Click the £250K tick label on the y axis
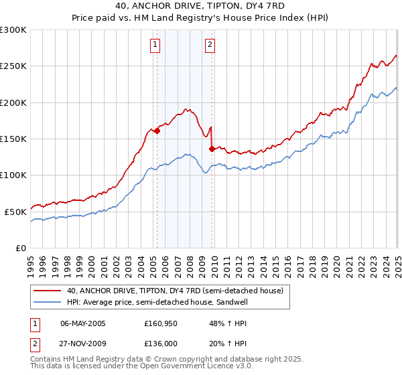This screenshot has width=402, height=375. pos(13,66)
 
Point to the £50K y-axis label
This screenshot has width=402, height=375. pos(15,212)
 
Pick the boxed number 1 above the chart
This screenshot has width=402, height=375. pos(155,45)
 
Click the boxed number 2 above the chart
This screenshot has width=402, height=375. pos(210,45)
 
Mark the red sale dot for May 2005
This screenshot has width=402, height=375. pos(157,131)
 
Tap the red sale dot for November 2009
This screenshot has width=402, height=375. pos(212,149)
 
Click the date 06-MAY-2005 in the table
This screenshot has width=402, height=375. pos(83,323)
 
